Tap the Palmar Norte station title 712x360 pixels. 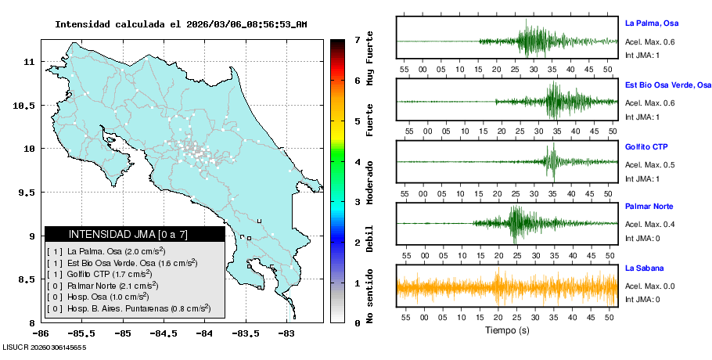(x=649, y=207)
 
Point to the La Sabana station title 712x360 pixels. (x=645, y=268)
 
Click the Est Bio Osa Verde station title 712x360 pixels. (x=667, y=85)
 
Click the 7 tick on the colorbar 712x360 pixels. (x=357, y=39)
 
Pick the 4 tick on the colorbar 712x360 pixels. (x=357, y=162)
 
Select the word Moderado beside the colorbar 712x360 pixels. (x=369, y=183)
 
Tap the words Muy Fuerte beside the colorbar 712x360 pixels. (x=369, y=60)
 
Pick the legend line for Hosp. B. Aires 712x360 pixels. (x=129, y=308)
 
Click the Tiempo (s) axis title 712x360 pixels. (x=507, y=331)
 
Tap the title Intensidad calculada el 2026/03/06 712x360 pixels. (x=181, y=24)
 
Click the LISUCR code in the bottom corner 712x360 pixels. (x=44, y=347)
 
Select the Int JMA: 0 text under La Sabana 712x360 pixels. (x=642, y=299)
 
